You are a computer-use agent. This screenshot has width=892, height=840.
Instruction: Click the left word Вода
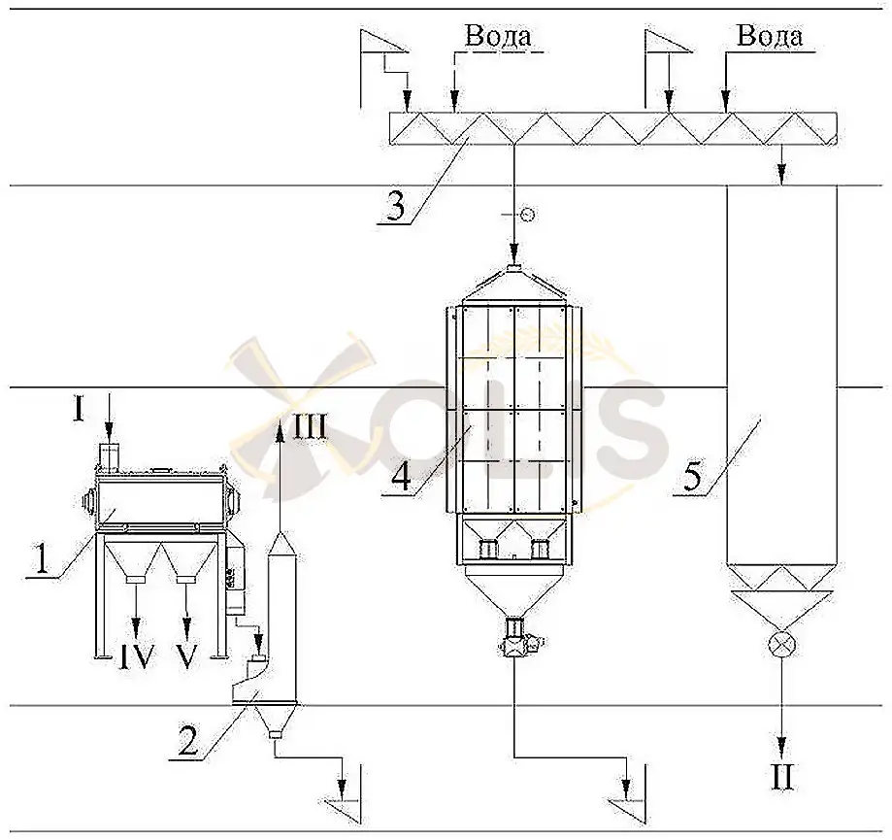coord(498,36)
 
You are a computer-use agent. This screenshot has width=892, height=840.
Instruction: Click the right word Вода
coord(770,36)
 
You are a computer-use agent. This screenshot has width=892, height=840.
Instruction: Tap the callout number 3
coord(395,206)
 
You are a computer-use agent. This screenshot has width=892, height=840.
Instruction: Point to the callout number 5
coord(693,476)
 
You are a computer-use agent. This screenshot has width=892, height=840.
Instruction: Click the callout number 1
coord(42,558)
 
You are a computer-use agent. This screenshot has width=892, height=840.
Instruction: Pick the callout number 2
coord(187,740)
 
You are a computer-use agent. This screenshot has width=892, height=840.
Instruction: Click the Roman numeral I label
coord(79,409)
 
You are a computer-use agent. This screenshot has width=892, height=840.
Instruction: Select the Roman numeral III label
coord(310,427)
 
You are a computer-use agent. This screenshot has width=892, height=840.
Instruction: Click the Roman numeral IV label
coord(137,657)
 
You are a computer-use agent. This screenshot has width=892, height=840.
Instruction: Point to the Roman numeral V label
coord(186,657)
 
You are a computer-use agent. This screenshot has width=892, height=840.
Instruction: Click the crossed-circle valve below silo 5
coord(781,645)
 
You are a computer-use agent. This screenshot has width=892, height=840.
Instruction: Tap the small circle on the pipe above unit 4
coord(527,215)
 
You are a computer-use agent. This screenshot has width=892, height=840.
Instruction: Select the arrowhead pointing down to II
coord(782,746)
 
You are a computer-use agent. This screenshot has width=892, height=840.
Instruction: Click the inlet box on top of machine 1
coord(109,457)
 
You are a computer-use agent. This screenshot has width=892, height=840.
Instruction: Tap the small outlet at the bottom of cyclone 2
coord(276,735)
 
